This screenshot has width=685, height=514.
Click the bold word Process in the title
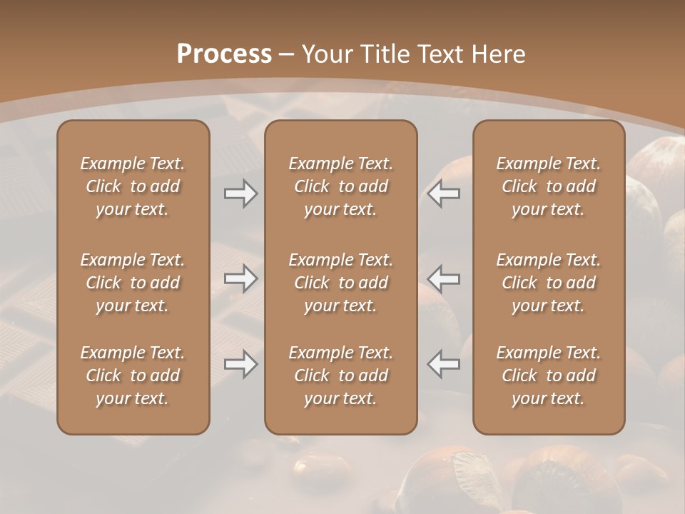pyautogui.click(x=224, y=54)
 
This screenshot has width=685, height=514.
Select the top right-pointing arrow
pyautogui.click(x=240, y=193)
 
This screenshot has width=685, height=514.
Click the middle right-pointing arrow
pyautogui.click(x=240, y=278)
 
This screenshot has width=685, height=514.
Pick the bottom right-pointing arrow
pyautogui.click(x=240, y=364)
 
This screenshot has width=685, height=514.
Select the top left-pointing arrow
pyautogui.click(x=444, y=193)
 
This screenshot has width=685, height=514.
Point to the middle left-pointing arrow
pyautogui.click(x=444, y=278)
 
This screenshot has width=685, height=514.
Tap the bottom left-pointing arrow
pyautogui.click(x=444, y=364)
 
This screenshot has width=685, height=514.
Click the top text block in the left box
pyautogui.click(x=133, y=186)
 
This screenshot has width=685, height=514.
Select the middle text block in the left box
pyautogui.click(x=133, y=283)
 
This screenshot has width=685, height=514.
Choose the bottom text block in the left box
pyautogui.click(x=133, y=376)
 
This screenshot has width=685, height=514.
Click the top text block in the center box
pyautogui.click(x=341, y=186)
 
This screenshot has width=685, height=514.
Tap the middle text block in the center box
pyautogui.click(x=341, y=283)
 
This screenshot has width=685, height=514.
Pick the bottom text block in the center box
pyautogui.click(x=341, y=376)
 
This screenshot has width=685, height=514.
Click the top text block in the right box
pyautogui.click(x=549, y=186)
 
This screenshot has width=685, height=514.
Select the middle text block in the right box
pyautogui.click(x=549, y=283)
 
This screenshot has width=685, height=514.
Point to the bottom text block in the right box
pyautogui.click(x=549, y=376)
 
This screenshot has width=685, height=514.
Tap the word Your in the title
pyautogui.click(x=328, y=54)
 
